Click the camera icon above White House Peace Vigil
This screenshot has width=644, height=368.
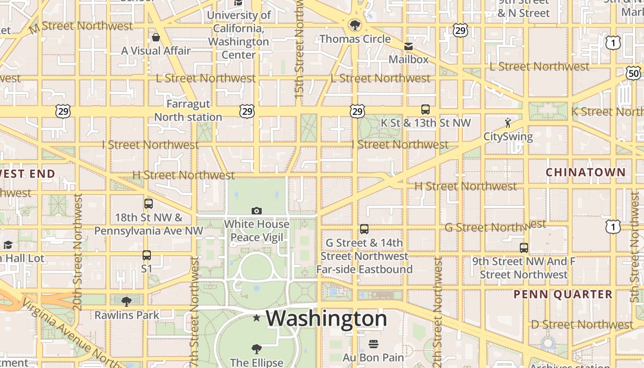(x=257, y=211)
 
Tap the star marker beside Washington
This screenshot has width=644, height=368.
(x=257, y=318)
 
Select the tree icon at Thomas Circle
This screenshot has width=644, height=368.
(x=355, y=25)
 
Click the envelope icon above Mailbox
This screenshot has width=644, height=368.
(x=408, y=46)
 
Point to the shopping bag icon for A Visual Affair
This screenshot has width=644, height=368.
(x=156, y=37)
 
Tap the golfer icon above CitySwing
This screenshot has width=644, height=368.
(x=508, y=123)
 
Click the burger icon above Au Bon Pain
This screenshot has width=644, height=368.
(x=373, y=344)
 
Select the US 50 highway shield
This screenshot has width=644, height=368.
(x=633, y=73)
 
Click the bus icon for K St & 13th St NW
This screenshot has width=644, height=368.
(x=425, y=109)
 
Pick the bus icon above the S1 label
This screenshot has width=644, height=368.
(x=147, y=255)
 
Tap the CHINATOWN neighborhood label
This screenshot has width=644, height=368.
(x=586, y=172)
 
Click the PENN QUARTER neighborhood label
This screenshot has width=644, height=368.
(x=563, y=294)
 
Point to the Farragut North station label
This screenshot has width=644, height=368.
(x=188, y=110)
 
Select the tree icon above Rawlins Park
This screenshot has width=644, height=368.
(x=126, y=302)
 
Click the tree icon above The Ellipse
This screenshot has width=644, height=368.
(x=257, y=349)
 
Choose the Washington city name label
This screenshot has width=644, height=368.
(x=326, y=318)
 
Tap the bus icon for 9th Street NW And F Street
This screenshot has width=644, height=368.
(x=523, y=248)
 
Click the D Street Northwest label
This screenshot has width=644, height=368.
(x=582, y=325)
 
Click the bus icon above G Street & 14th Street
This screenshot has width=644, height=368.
(x=364, y=229)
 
